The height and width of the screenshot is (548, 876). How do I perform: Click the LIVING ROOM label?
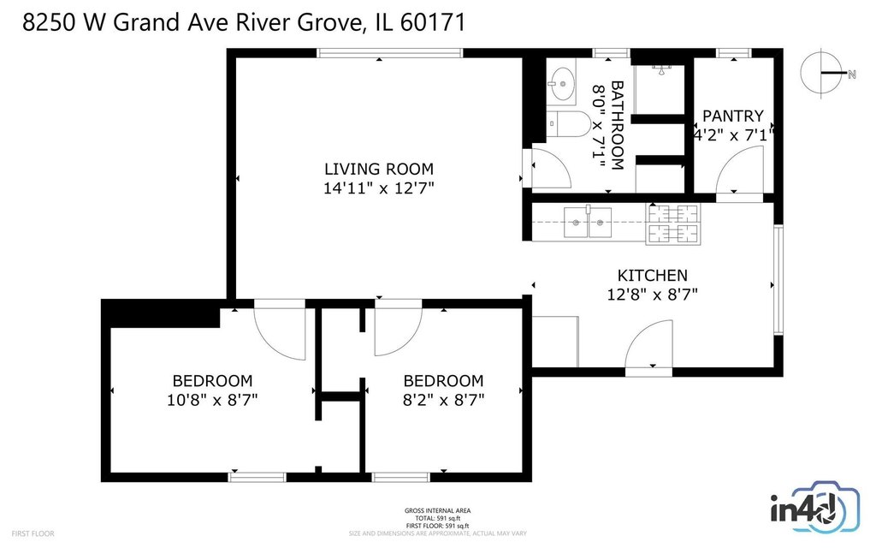click(379, 169)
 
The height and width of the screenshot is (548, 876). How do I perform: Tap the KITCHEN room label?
click(652, 275)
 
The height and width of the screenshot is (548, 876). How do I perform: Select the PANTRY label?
click(732, 116)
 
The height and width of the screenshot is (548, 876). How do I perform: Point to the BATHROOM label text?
click(617, 125)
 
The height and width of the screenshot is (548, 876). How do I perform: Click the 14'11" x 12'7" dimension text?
click(379, 188)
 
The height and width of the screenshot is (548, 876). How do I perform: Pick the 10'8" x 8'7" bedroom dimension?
click(212, 401)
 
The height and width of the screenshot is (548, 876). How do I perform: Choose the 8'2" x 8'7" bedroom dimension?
click(444, 401)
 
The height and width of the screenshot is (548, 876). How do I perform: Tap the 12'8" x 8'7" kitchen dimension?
click(652, 295)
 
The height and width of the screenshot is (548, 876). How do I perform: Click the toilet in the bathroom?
click(568, 123)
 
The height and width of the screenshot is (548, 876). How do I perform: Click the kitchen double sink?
click(587, 223)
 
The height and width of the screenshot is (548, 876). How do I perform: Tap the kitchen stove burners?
click(673, 223)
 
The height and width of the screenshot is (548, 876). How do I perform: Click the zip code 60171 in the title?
click(433, 23)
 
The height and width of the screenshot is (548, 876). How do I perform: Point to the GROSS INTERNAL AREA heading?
click(437, 510)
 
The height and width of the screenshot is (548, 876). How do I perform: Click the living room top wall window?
click(390, 53)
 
